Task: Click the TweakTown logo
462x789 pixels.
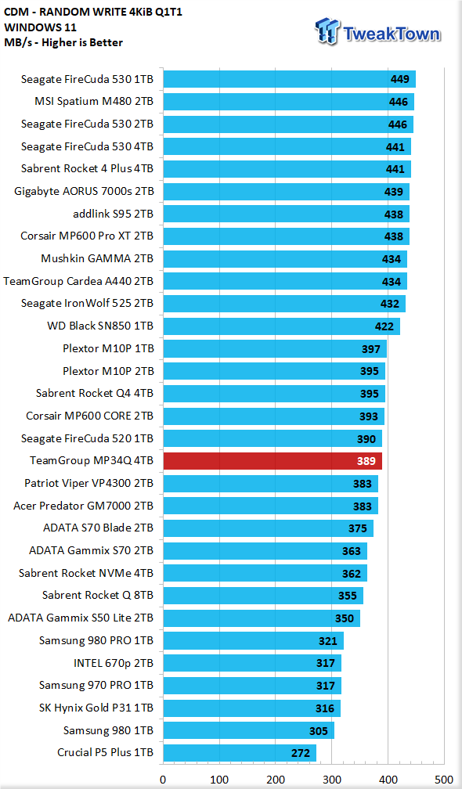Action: (378, 31)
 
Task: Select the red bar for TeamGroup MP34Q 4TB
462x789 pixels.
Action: (273, 461)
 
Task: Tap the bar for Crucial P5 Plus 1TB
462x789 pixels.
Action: (240, 753)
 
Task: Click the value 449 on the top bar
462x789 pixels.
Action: (400, 79)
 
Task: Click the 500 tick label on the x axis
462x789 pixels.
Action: (444, 780)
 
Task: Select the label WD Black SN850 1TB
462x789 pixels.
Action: (100, 326)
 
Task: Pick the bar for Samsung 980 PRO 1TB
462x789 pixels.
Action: (254, 641)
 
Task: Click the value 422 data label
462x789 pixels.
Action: (384, 326)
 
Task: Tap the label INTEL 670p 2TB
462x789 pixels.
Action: (114, 663)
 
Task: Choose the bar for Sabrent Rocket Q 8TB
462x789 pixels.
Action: (263, 596)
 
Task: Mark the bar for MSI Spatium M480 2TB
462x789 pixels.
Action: (289, 102)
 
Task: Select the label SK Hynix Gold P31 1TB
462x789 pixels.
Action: (96, 708)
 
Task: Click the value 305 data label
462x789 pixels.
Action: (319, 731)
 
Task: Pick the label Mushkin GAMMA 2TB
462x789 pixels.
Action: (97, 258)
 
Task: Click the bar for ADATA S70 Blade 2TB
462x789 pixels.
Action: (269, 528)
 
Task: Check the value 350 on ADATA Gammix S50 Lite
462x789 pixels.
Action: (345, 618)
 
